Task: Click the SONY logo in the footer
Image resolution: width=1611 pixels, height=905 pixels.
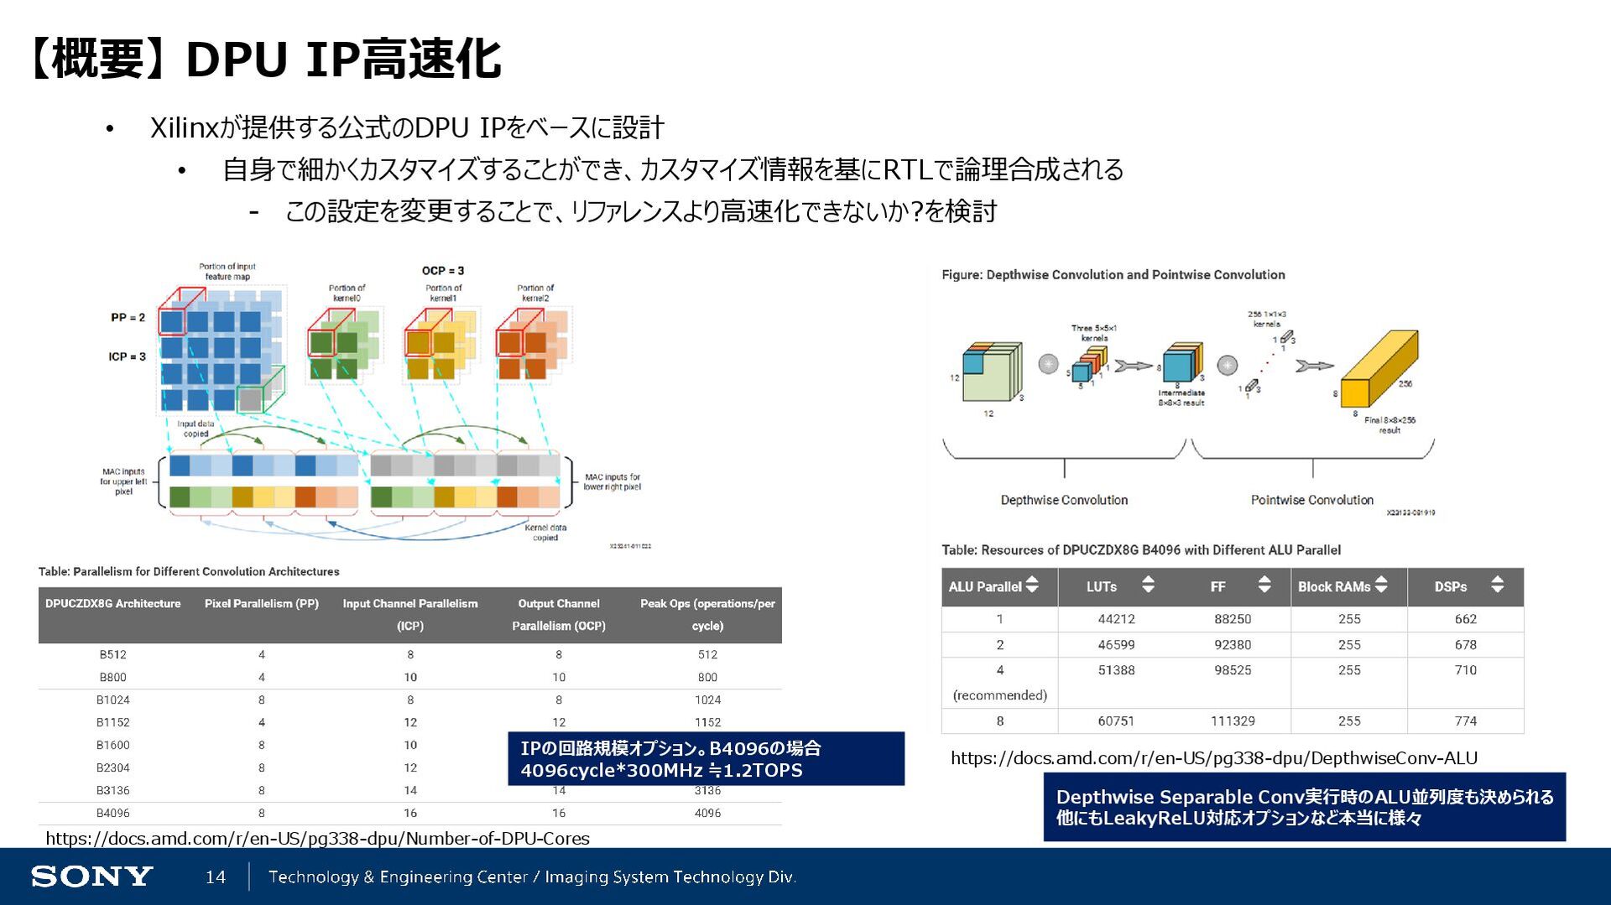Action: pos(91,876)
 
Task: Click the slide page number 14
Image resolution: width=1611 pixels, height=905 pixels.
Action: pos(216,876)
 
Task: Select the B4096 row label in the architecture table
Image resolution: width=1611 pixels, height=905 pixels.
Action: pos(112,813)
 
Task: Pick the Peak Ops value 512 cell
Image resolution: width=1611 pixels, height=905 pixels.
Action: pos(707,654)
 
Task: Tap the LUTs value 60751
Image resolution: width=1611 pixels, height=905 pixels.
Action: pos(1116,720)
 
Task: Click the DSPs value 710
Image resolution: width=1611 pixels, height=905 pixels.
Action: pos(1465,669)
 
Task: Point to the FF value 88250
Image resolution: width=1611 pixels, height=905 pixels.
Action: pos(1232,619)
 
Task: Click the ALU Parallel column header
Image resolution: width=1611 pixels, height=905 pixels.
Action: pos(985,586)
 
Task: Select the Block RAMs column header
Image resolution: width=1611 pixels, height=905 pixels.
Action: pos(1333,586)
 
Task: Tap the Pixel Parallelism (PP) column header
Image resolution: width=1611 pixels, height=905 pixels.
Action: pos(262,603)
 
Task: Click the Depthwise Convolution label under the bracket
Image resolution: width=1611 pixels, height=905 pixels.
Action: pos(1064,500)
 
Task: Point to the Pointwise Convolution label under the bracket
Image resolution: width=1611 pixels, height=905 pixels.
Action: pos(1311,500)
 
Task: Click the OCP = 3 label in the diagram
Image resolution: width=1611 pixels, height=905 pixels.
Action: pos(443,270)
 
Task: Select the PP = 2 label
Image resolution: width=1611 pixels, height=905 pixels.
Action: pos(128,317)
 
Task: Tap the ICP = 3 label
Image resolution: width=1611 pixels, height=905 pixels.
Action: pos(127,356)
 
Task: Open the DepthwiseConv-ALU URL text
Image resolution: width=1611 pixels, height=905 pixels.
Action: pos(1213,758)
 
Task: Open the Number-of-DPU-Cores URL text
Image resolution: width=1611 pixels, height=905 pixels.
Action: pos(317,838)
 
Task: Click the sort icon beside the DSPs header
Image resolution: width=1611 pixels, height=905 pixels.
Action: pos(1497,585)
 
